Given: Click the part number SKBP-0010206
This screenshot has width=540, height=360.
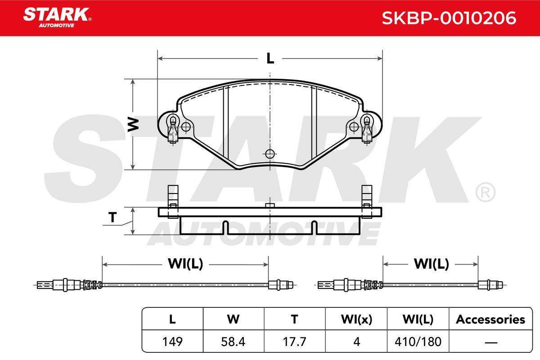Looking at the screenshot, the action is tap(449, 18).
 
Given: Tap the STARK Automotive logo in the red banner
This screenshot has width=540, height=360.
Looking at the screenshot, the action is tap(57, 18).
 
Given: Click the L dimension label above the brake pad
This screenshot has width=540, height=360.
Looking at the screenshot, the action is tap(270, 58).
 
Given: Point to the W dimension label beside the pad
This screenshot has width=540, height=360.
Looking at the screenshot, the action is tap(133, 124).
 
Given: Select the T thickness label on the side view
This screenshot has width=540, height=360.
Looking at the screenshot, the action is tap(112, 217).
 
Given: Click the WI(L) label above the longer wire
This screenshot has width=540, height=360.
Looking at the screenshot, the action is tap(185, 264).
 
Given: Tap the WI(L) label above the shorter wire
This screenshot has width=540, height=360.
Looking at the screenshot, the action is tap(431, 264).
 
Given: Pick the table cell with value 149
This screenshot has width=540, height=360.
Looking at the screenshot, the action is tap(172, 342).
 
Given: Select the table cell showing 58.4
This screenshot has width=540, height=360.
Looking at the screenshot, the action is tap(233, 342).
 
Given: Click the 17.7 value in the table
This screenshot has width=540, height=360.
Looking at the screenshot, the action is tap(294, 342).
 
